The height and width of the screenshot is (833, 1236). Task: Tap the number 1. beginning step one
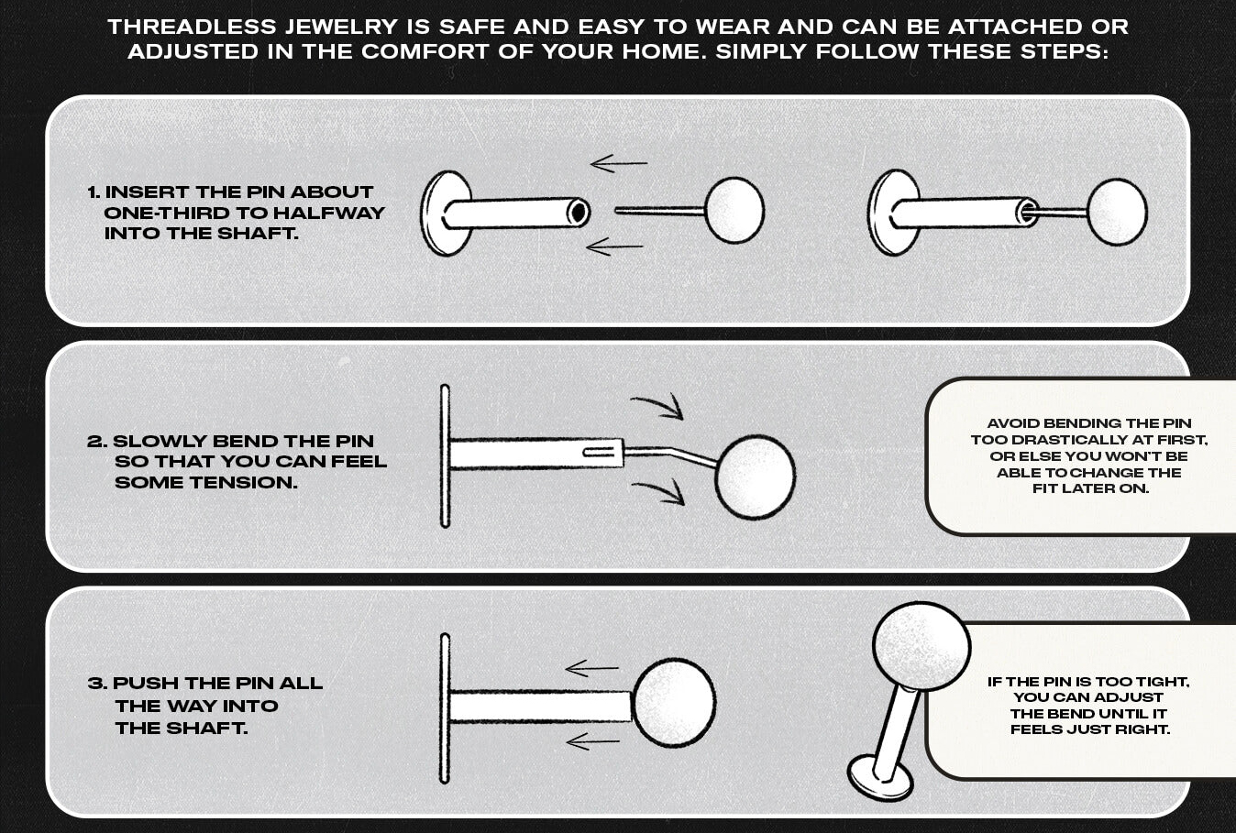[94, 192]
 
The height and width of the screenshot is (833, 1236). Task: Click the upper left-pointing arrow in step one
[618, 165]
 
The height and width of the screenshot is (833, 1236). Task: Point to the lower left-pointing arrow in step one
[614, 247]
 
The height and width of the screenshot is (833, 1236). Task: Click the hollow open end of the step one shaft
[578, 213]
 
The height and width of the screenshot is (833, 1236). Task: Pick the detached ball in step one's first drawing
[734, 211]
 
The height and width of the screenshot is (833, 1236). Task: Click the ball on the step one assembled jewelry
[1117, 212]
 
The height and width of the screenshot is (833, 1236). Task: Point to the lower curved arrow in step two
[658, 492]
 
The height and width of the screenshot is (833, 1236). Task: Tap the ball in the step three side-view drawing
[674, 702]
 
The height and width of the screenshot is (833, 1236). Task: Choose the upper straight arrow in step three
[592, 669]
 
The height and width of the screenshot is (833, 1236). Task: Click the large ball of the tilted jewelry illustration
[921, 646]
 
